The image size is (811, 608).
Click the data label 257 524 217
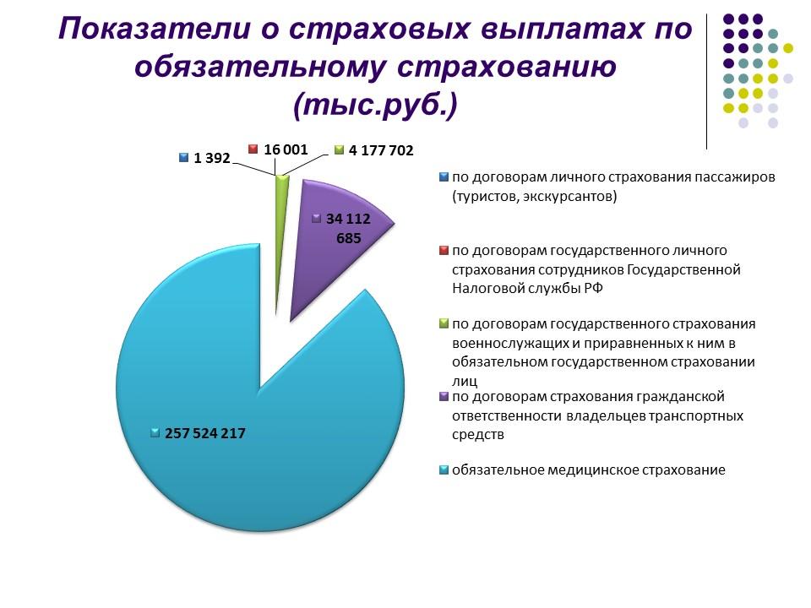tap(205, 433)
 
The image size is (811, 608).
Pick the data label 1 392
tap(211, 158)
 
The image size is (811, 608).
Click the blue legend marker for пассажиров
tap(444, 177)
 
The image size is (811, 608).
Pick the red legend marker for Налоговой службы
tap(444, 250)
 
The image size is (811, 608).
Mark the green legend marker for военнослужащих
tap(444, 323)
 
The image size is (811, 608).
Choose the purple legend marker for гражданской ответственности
tap(444, 396)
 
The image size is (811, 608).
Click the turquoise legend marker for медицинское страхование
tap(444, 470)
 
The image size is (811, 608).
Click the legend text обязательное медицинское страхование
tap(588, 470)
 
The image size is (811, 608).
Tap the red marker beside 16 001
tap(252, 149)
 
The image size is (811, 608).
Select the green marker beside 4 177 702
tap(340, 151)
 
